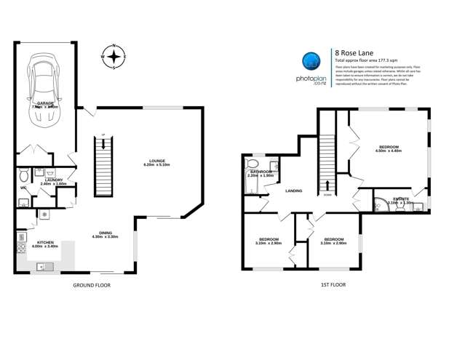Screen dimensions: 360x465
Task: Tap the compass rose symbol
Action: tap(114, 56)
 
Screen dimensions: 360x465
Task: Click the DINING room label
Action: tap(105, 234)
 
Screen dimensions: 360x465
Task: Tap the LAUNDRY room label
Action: tap(52, 181)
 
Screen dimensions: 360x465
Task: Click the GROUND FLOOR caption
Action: tap(92, 286)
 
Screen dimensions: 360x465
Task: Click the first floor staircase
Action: tap(327, 156)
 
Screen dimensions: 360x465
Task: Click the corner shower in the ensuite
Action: tap(381, 203)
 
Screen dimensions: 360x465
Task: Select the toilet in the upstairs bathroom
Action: tap(253, 165)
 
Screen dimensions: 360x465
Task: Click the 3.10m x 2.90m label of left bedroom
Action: tap(269, 241)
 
